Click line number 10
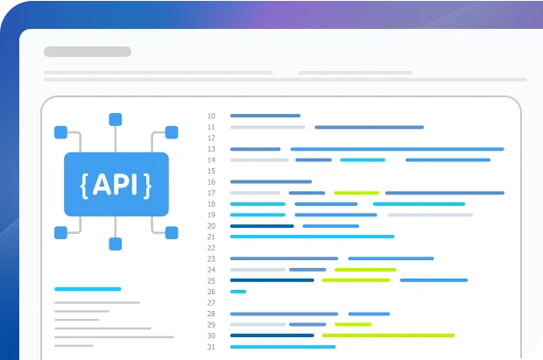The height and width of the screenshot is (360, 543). tap(211, 116)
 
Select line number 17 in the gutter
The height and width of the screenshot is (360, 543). tap(211, 193)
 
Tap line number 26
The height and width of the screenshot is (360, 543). tap(211, 292)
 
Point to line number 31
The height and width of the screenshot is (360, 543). tap(211, 347)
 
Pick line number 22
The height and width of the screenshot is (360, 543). tap(211, 248)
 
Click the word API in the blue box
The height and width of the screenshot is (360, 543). tap(116, 185)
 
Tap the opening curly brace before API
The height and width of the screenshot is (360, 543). tap(84, 185)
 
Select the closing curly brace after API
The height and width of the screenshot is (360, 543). tap(147, 185)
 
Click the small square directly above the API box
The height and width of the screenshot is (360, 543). tap(116, 119)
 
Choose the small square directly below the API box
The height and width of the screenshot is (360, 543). tap(116, 244)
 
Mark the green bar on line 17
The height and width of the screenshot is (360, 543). tap(356, 193)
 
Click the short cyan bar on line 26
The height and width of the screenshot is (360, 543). tap(238, 292)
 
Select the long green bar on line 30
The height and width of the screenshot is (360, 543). tap(388, 335)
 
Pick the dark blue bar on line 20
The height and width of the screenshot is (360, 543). tap(262, 226)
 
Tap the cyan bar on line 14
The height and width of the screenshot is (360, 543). tap(363, 159)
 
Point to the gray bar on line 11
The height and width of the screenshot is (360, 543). tap(267, 127)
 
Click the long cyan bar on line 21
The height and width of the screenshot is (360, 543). tap(312, 236)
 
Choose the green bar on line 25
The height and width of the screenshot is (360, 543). tap(356, 280)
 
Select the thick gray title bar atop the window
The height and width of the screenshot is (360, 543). tap(88, 52)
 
